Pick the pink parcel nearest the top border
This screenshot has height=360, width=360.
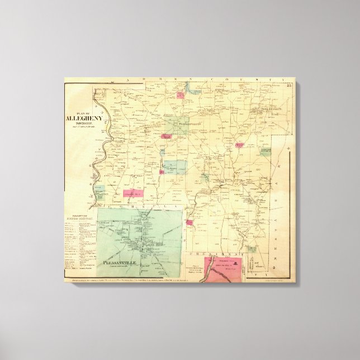coord(181,94)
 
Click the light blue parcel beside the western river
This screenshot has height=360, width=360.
coord(100,191)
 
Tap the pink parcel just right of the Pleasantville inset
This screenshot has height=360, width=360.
coord(190,223)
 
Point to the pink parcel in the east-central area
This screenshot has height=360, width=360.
coord(240,144)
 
